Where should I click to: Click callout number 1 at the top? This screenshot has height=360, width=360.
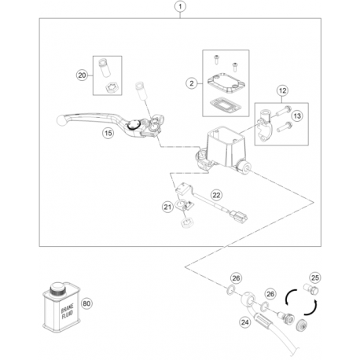[180, 6]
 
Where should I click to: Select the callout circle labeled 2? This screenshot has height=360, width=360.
[192, 83]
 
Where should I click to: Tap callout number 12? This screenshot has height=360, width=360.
[282, 90]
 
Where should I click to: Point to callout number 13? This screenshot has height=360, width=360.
[297, 116]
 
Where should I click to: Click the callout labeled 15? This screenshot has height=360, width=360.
[108, 133]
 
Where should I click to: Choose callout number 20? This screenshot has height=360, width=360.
[82, 75]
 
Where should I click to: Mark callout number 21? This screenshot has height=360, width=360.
[167, 208]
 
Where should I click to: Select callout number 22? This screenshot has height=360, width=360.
[216, 195]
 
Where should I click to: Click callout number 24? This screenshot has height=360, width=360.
[245, 322]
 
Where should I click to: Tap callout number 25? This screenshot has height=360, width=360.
[315, 277]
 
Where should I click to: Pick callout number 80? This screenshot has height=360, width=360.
[86, 303]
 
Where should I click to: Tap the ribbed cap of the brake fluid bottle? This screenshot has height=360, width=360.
[57, 289]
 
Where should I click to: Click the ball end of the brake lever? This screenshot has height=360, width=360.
[61, 119]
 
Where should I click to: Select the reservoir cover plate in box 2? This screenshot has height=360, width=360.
[226, 83]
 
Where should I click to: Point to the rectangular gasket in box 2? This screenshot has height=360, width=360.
[225, 106]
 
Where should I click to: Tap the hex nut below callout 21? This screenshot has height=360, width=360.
[187, 223]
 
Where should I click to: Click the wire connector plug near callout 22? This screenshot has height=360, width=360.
[238, 216]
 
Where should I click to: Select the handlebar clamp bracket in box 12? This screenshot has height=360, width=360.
[265, 126]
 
